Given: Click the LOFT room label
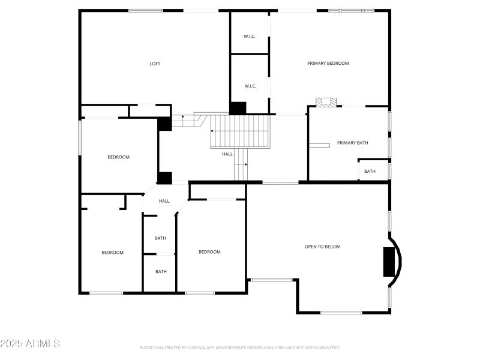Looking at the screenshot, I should coord(155,64).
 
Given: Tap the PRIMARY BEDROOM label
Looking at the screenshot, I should coord(328,63).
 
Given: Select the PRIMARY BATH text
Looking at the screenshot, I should coord(352,143).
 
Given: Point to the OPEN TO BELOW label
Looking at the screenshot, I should coord(322,247).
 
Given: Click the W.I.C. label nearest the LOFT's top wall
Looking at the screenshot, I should coord(250,37).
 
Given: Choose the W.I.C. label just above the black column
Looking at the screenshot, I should coord(250,86).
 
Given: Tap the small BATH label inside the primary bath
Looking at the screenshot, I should coord(370,171).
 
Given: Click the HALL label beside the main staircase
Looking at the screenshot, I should coord(227,154).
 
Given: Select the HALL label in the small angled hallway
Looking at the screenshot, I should coord(164,201).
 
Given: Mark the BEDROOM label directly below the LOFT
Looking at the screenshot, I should coord(118,157).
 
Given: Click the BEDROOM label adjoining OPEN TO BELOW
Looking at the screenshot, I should coord(209,252).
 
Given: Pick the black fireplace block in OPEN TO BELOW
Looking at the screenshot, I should coord(391,262).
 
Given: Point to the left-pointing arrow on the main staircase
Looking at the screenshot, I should coord(212,131).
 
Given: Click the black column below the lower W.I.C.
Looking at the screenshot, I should coord(238,108).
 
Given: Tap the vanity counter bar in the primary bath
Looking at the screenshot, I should coord(319,145).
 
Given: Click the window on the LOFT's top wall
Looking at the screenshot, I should coord(146,10).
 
